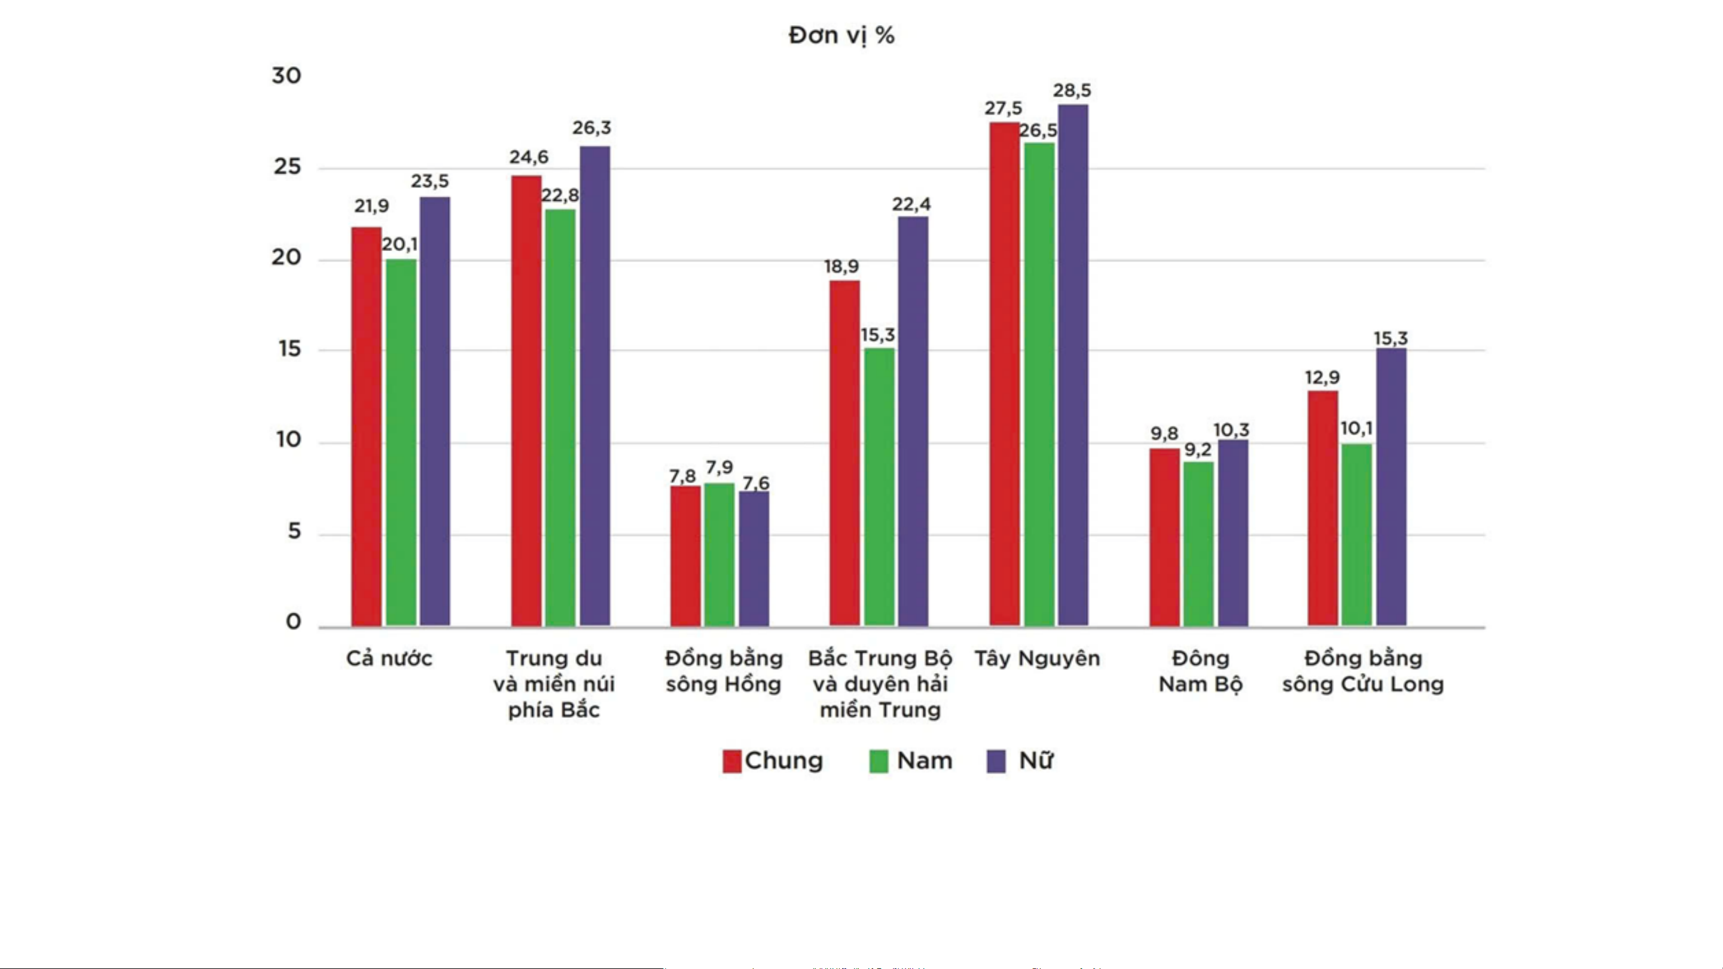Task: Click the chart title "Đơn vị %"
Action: pyautogui.click(x=841, y=35)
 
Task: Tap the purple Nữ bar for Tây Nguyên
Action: pyautogui.click(x=1073, y=365)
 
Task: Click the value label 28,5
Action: pyautogui.click(x=1072, y=90)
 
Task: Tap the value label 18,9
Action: pyautogui.click(x=841, y=267)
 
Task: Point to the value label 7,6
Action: pyautogui.click(x=756, y=483)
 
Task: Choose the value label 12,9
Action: pyautogui.click(x=1322, y=378)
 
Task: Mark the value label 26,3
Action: pyautogui.click(x=591, y=128)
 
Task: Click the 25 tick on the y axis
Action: pyautogui.click(x=288, y=167)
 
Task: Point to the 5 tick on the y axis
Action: pyautogui.click(x=294, y=531)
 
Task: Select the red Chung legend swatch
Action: pyautogui.click(x=732, y=761)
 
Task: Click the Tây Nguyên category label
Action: pyautogui.click(x=1037, y=659)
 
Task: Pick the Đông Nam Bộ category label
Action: pyautogui.click(x=1201, y=671)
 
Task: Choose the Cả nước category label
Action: pyautogui.click(x=389, y=659)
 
